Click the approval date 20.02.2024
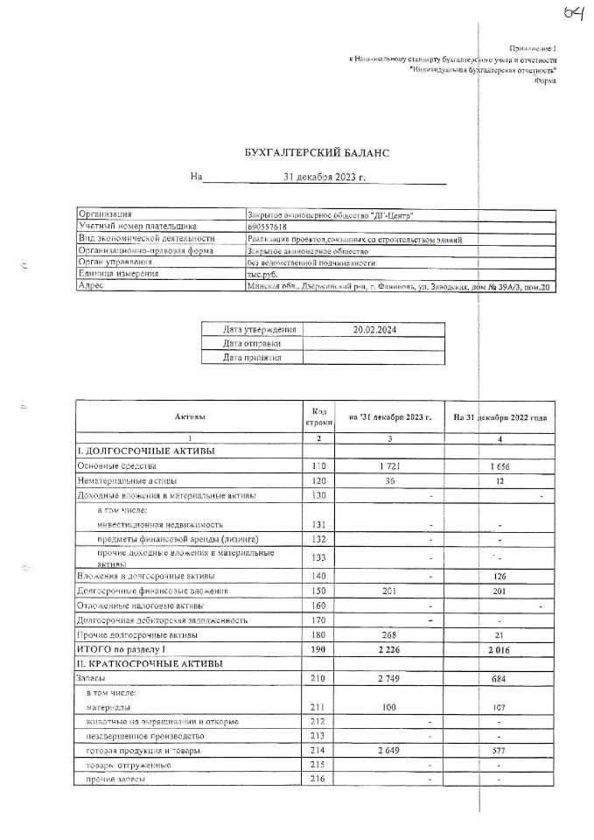(x=375, y=330)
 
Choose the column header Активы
(x=189, y=418)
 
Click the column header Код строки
(x=318, y=416)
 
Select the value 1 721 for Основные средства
(x=388, y=467)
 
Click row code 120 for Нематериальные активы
(x=318, y=481)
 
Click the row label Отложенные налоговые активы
(x=141, y=605)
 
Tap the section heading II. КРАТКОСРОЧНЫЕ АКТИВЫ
(x=150, y=663)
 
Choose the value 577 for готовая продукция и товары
(x=499, y=751)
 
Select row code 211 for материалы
(x=318, y=706)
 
